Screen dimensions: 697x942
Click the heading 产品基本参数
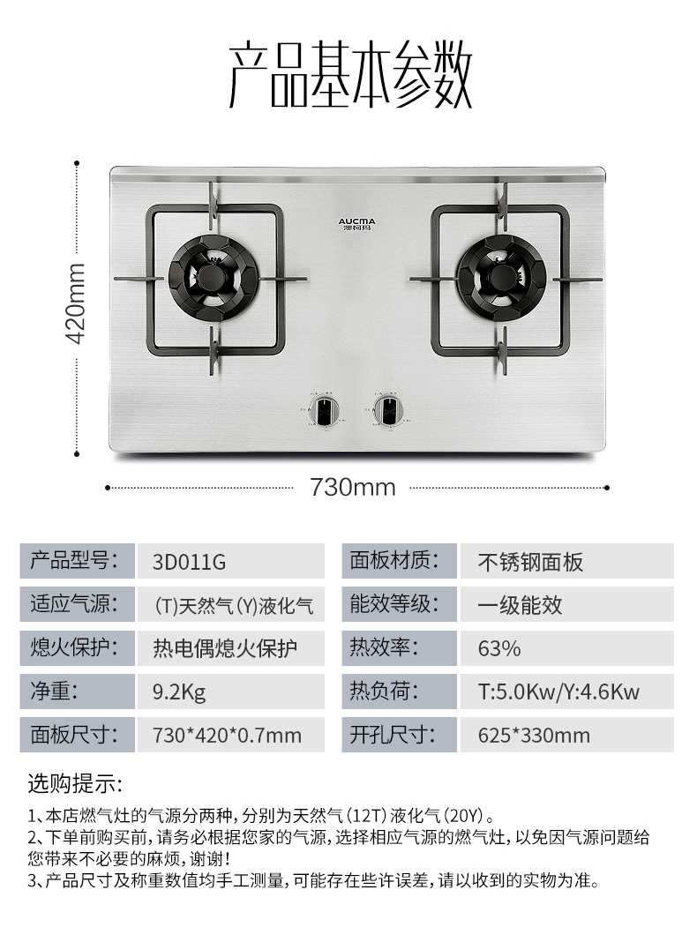350,74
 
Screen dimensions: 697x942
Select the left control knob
326,410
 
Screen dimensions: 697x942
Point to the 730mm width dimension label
352,487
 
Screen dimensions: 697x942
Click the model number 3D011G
190,562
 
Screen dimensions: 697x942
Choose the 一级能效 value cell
520,605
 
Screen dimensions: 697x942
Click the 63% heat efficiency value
499,648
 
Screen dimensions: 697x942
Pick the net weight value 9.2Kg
179,692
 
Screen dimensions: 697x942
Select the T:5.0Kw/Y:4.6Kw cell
558,692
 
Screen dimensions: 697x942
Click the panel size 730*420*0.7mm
227,735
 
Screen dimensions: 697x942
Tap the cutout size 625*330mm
534,735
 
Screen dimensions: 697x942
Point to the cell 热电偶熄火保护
225,648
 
